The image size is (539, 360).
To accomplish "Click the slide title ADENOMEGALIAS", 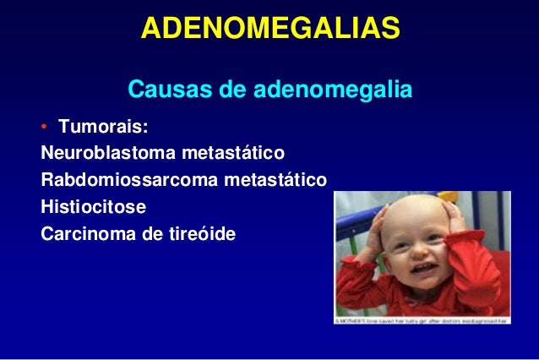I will click(x=269, y=29).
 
